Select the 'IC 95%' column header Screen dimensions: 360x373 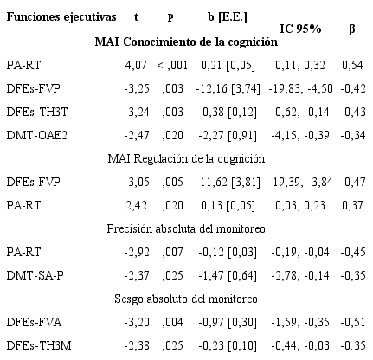pyautogui.click(x=300, y=29)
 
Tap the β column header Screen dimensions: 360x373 pyautogui.click(x=351, y=29)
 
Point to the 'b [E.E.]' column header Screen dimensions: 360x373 pyautogui.click(x=230, y=17)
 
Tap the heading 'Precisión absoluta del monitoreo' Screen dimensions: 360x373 pyautogui.click(x=186, y=228)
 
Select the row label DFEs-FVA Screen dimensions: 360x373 pyautogui.click(x=31, y=323)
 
